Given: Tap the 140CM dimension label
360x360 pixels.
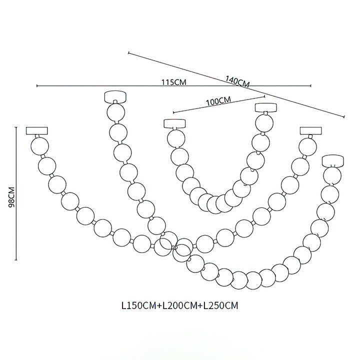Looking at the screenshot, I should (237, 82).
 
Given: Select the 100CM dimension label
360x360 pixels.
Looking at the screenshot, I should (218, 100).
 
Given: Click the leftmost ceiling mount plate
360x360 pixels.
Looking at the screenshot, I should (37, 131).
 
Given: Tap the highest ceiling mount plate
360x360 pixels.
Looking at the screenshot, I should (115, 95).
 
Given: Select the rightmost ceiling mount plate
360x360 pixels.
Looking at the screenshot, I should (332, 160).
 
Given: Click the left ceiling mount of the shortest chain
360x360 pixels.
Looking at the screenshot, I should (174, 123).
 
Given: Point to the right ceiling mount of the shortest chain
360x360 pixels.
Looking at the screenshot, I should (265, 107).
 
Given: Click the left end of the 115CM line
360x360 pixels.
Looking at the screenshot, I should (37, 86).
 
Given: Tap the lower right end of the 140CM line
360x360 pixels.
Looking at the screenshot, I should (345, 117).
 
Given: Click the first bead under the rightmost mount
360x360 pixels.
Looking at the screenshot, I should (332, 175).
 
